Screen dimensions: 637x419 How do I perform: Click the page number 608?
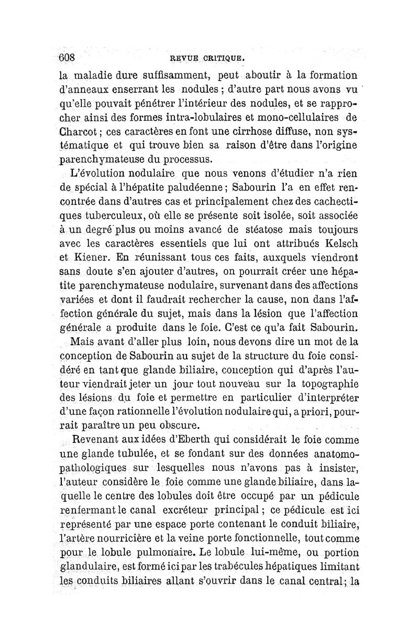68,56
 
